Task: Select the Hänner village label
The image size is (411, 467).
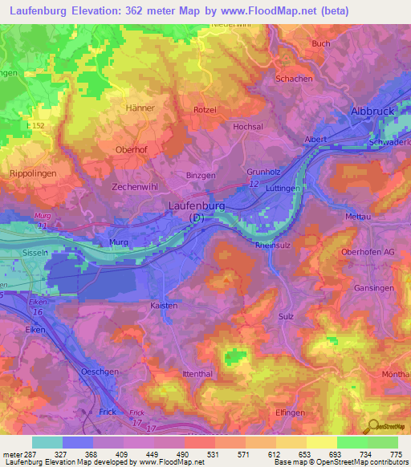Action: coord(140,107)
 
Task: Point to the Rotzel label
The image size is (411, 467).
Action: coord(205,110)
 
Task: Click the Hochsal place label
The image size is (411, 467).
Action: coord(248,128)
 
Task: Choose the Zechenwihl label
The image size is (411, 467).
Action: coord(137,185)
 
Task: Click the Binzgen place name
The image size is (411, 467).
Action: coord(201,174)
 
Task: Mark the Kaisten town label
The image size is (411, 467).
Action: coord(164,306)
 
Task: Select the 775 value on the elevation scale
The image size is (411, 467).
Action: coord(396,453)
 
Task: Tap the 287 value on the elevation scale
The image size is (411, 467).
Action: coord(30,453)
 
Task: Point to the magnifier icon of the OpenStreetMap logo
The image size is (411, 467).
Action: coord(372,426)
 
